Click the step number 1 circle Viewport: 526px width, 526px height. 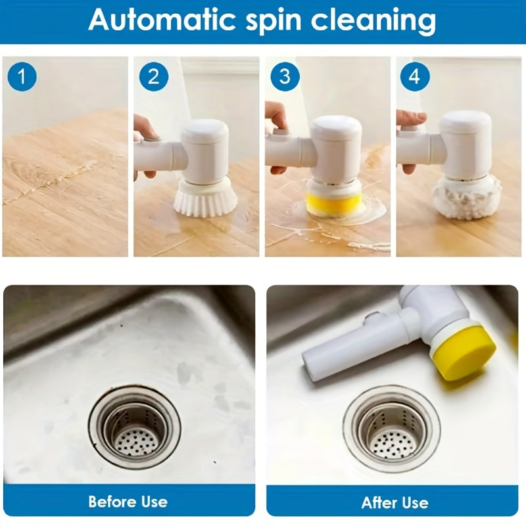pos(22,77)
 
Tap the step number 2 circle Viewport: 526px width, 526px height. pos(153,77)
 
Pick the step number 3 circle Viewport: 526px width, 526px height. pos(284,77)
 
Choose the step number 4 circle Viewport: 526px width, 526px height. pos(414,77)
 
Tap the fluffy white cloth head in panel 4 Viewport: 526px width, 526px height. pos(466,195)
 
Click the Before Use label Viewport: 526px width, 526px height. pos(128,502)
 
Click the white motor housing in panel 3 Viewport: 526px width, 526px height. pos(335,148)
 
